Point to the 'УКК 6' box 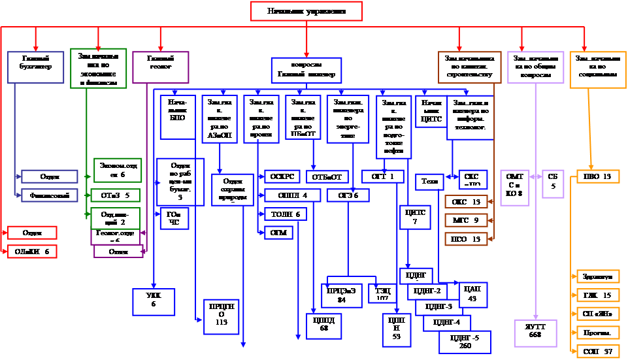(x=153, y=299)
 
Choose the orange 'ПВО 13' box (x=597, y=176)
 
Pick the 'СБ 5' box (x=552, y=180)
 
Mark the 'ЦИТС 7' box (x=414, y=217)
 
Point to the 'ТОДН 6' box (x=285, y=214)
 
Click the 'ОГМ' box (x=278, y=232)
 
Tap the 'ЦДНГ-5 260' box (x=465, y=342)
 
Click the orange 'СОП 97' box (x=597, y=352)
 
